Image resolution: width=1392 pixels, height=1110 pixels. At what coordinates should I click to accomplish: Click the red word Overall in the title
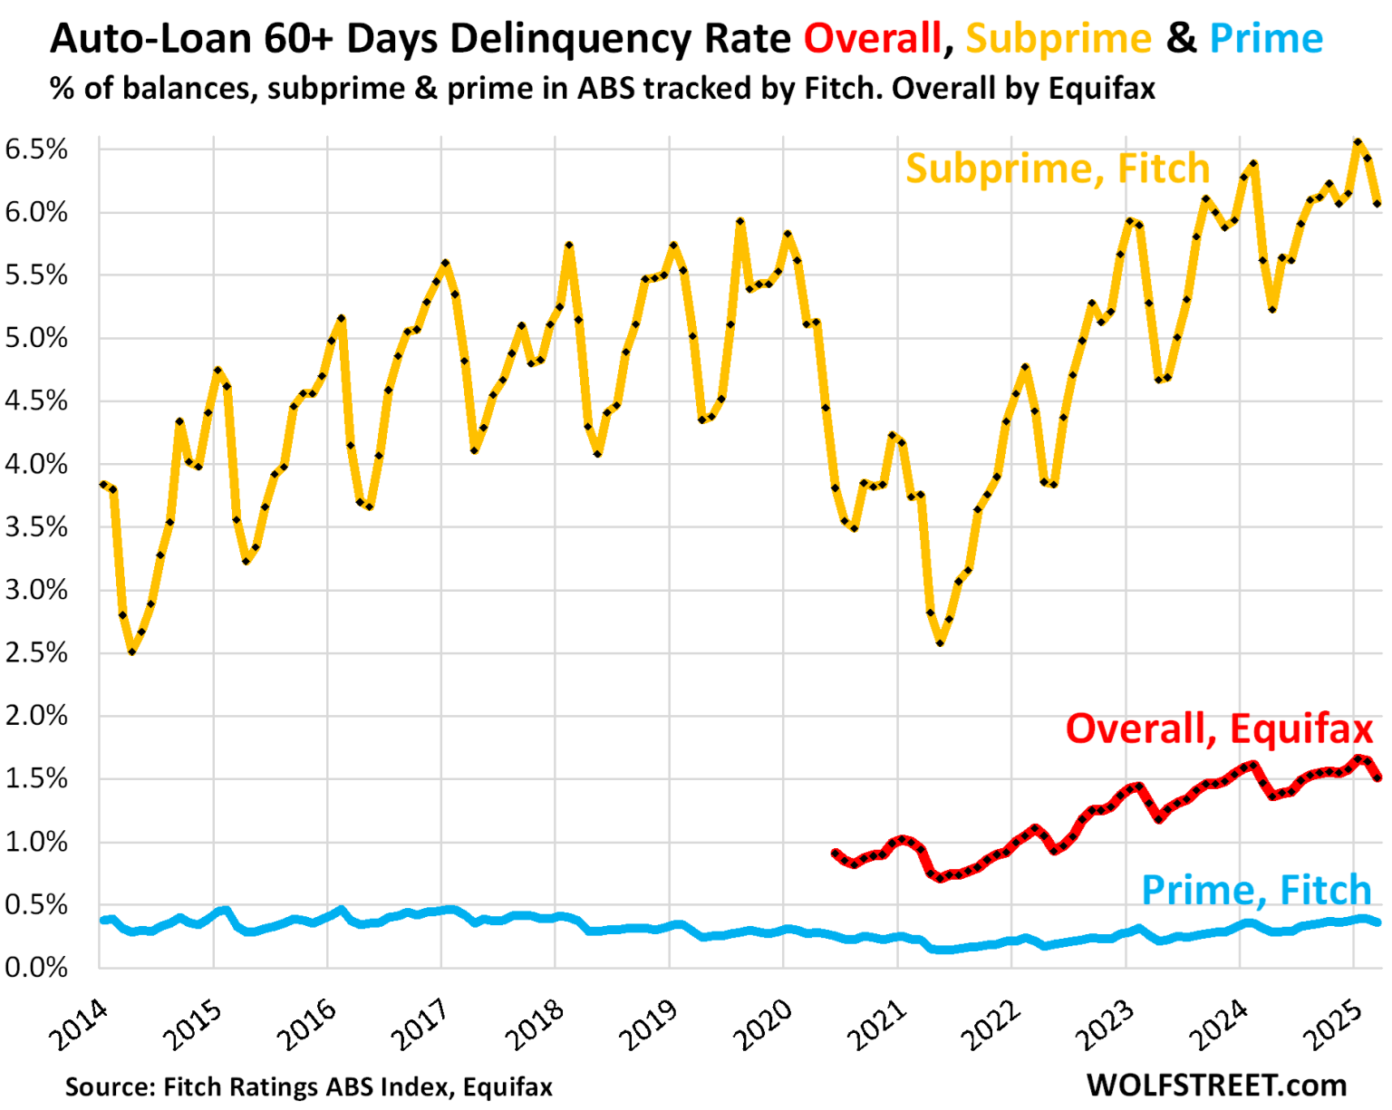(x=872, y=39)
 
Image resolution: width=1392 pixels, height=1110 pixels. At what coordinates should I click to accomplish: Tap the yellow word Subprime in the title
(x=1058, y=39)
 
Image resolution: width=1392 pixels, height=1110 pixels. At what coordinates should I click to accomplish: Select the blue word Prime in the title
(x=1266, y=39)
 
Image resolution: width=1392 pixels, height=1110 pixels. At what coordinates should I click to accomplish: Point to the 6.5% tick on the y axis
(x=36, y=150)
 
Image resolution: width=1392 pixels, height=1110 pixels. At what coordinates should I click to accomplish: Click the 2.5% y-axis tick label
(x=36, y=653)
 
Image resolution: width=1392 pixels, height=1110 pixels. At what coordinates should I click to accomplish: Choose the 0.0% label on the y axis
(x=36, y=968)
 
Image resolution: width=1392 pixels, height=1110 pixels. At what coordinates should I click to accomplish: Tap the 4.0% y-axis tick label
(x=36, y=465)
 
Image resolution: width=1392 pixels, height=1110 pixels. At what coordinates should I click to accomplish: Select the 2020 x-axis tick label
(x=763, y=1025)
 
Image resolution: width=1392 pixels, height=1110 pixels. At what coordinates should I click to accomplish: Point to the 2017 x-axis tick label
(x=421, y=1025)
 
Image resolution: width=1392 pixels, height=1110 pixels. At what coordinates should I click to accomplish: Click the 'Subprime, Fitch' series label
(x=1057, y=169)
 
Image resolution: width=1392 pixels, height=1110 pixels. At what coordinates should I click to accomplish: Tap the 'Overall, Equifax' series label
(x=1219, y=729)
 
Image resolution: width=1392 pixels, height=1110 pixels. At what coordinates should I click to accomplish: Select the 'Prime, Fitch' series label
(x=1256, y=890)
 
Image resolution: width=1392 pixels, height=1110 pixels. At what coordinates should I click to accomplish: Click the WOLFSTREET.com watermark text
(x=1216, y=1085)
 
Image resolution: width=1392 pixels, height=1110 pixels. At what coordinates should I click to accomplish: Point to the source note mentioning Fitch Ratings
(x=308, y=1086)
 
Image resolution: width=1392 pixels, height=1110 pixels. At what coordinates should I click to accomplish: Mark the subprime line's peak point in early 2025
(x=1358, y=142)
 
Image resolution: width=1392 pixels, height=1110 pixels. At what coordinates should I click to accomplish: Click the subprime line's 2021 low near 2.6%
(x=941, y=642)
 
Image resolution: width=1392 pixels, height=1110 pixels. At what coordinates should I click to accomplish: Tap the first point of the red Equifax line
(x=835, y=853)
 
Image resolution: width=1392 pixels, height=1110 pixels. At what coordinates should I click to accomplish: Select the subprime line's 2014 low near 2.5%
(x=132, y=651)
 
